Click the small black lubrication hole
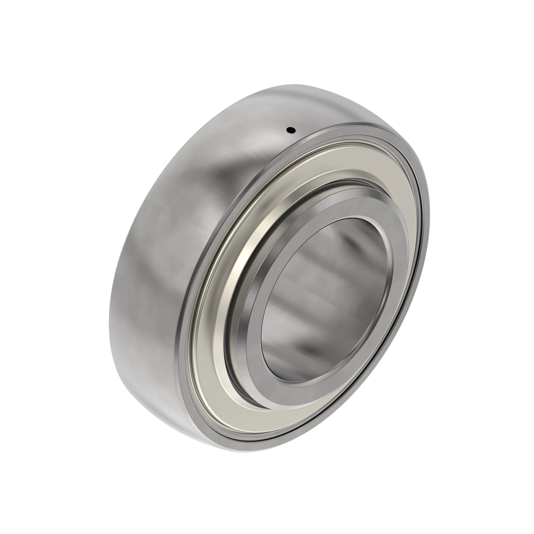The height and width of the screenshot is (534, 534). pyautogui.click(x=291, y=130)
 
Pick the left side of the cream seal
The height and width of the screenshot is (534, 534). pyautogui.click(x=209, y=320)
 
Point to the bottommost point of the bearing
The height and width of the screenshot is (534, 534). pyautogui.click(x=249, y=449)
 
